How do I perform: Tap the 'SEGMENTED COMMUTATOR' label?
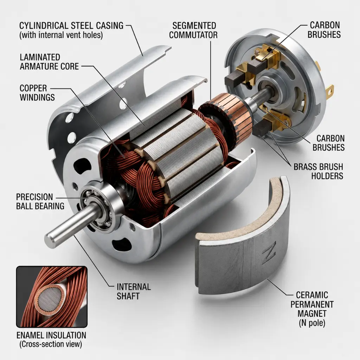pyautogui.click(x=193, y=30)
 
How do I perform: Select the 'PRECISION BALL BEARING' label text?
pyautogui.click(x=40, y=201)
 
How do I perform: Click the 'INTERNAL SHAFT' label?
pyautogui.click(x=134, y=291)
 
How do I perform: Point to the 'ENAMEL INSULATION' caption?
pyautogui.click(x=51, y=335)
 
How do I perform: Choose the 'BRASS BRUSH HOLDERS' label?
pyautogui.click(x=319, y=171)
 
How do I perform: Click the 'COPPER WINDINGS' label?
pyautogui.click(x=37, y=93)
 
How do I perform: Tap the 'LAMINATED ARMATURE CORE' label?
pyautogui.click(x=49, y=62)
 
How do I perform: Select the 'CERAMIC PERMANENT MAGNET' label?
pyautogui.click(x=312, y=304)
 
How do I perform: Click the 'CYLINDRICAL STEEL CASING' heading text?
pyautogui.click(x=71, y=25)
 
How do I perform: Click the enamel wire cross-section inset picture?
pyautogui.click(x=52, y=296)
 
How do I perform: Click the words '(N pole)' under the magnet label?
pyautogui.click(x=312, y=323)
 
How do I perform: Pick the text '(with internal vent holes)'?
pyautogui.click(x=61, y=35)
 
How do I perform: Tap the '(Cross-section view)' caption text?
pyautogui.click(x=51, y=344)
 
